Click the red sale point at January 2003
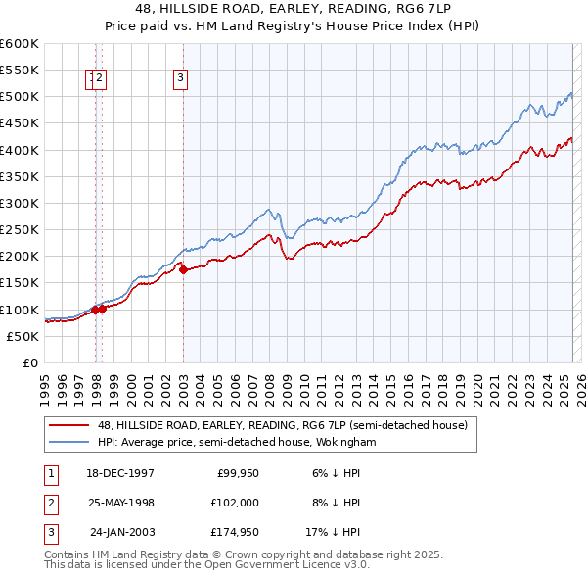tap(183, 269)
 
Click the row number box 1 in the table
tap(50, 473)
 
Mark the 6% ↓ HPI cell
tap(336, 473)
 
